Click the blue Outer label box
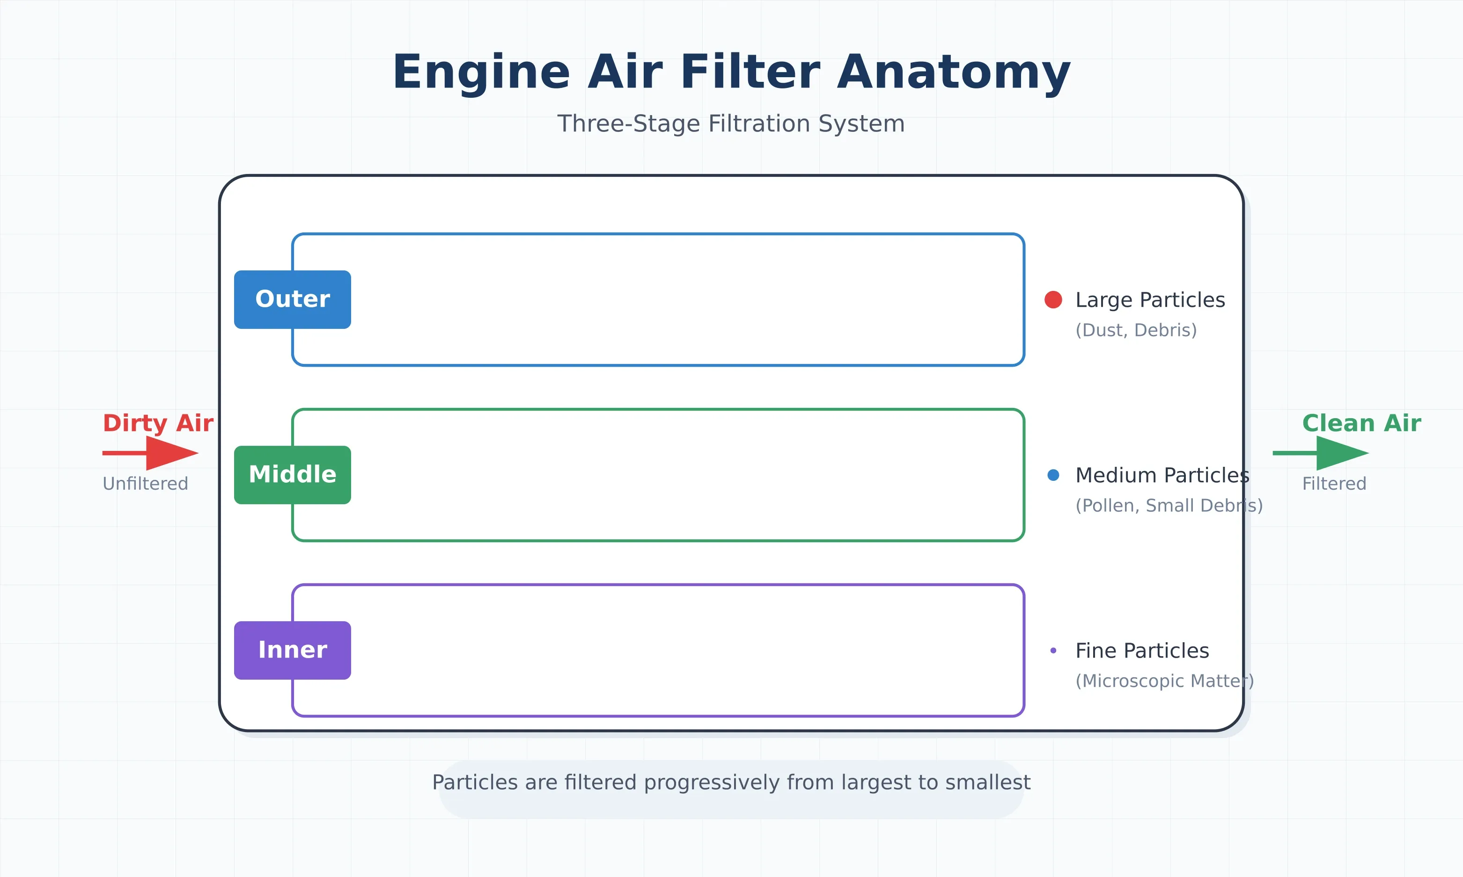pos(292,300)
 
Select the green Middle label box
pos(292,475)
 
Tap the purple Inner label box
pos(292,650)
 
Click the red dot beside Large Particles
pos(1053,300)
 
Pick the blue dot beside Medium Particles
pos(1053,475)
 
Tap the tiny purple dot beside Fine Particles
pos(1053,651)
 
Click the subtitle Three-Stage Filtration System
pos(731,124)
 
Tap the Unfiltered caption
pos(146,484)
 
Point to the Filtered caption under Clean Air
pos(1334,484)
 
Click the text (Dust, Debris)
pos(1136,330)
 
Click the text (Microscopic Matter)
pos(1164,681)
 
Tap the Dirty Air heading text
pos(158,423)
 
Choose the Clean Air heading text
pos(1361,423)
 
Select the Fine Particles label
pos(1142,651)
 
